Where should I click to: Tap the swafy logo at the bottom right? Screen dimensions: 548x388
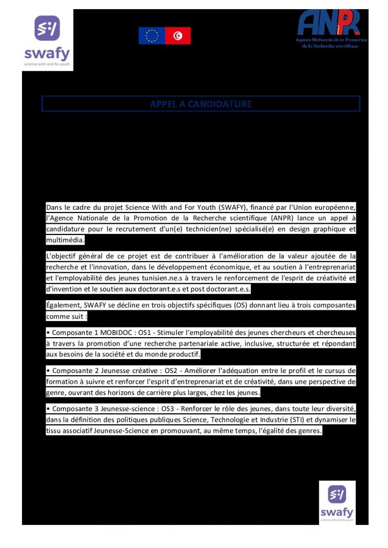pos(337,502)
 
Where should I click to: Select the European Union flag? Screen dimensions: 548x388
pos(152,36)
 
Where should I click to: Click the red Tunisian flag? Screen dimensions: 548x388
pos(177,36)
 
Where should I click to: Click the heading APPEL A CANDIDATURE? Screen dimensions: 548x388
pos(201,104)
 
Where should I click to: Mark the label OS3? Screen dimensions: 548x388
pos(170,409)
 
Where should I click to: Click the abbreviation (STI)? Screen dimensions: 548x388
pos(289,420)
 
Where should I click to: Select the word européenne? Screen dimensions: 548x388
pos(335,207)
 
